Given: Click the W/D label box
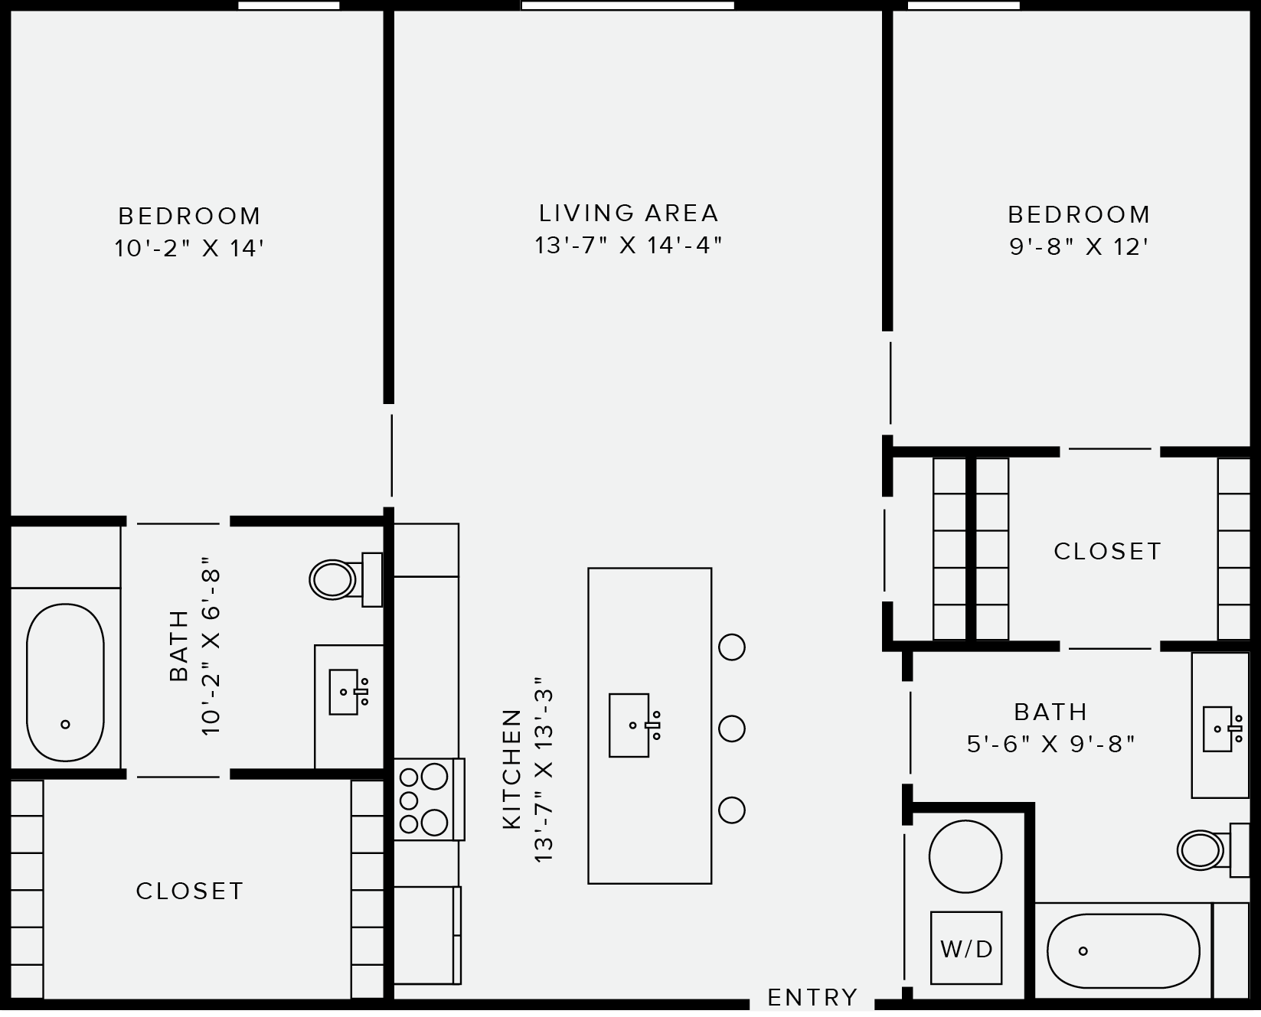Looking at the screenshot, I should (x=965, y=948).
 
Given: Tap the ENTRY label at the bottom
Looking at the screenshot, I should (x=812, y=997).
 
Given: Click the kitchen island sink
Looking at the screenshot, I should (x=629, y=725).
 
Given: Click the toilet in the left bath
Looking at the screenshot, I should (x=335, y=579).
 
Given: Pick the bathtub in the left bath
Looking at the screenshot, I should (x=65, y=683).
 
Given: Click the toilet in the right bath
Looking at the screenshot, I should (x=1202, y=849).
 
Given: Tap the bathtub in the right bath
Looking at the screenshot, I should (x=1122, y=951).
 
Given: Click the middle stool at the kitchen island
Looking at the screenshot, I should (x=732, y=728).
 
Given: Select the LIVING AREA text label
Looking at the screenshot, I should (x=629, y=213).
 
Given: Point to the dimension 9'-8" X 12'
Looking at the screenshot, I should (x=1079, y=247).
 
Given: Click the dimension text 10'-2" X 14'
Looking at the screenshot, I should (x=189, y=249).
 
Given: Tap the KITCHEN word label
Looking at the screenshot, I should (x=511, y=769).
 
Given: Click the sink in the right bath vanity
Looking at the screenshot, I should (x=1218, y=729).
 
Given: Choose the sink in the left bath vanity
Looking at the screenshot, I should (x=344, y=692).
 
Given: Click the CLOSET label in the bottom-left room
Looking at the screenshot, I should (x=190, y=891).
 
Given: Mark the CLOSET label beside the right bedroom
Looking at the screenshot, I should (x=1107, y=551).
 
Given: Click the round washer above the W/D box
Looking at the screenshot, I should (x=965, y=856).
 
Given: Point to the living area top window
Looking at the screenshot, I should (x=628, y=5).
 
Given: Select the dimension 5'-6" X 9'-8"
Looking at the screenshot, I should (x=1050, y=744).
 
